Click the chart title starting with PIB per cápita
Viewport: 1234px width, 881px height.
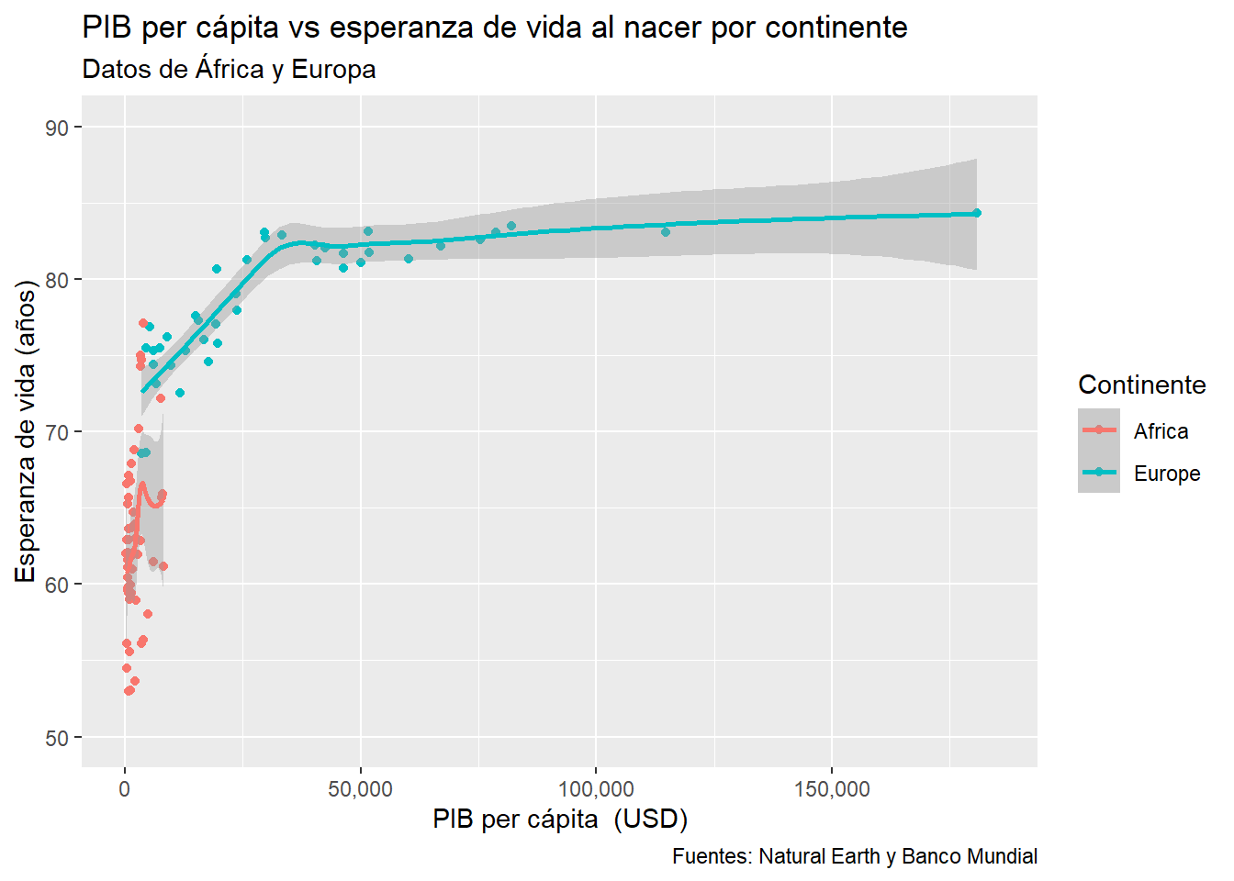[494, 28]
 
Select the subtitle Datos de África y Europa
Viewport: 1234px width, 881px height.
[229, 70]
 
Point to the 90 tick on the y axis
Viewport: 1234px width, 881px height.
[57, 128]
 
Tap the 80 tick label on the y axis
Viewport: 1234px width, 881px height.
[57, 280]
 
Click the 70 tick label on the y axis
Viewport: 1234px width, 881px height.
[57, 432]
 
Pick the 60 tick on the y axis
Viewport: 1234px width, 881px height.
[57, 585]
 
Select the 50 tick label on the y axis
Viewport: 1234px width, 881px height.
[57, 738]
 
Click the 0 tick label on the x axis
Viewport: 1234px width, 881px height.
[125, 789]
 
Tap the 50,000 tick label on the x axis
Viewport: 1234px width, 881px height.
[360, 789]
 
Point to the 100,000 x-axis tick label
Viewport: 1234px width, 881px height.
[596, 789]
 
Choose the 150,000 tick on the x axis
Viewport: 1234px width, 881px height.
[832, 789]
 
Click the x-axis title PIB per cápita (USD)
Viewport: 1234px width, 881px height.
[560, 819]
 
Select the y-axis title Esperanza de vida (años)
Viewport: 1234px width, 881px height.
[26, 431]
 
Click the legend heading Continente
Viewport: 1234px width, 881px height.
[1141, 385]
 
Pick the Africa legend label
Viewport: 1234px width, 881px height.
[1161, 431]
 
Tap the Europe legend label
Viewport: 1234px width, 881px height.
[1166, 474]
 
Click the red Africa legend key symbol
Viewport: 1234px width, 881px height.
[1098, 429]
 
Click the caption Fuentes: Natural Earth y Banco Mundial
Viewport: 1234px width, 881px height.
[854, 856]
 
